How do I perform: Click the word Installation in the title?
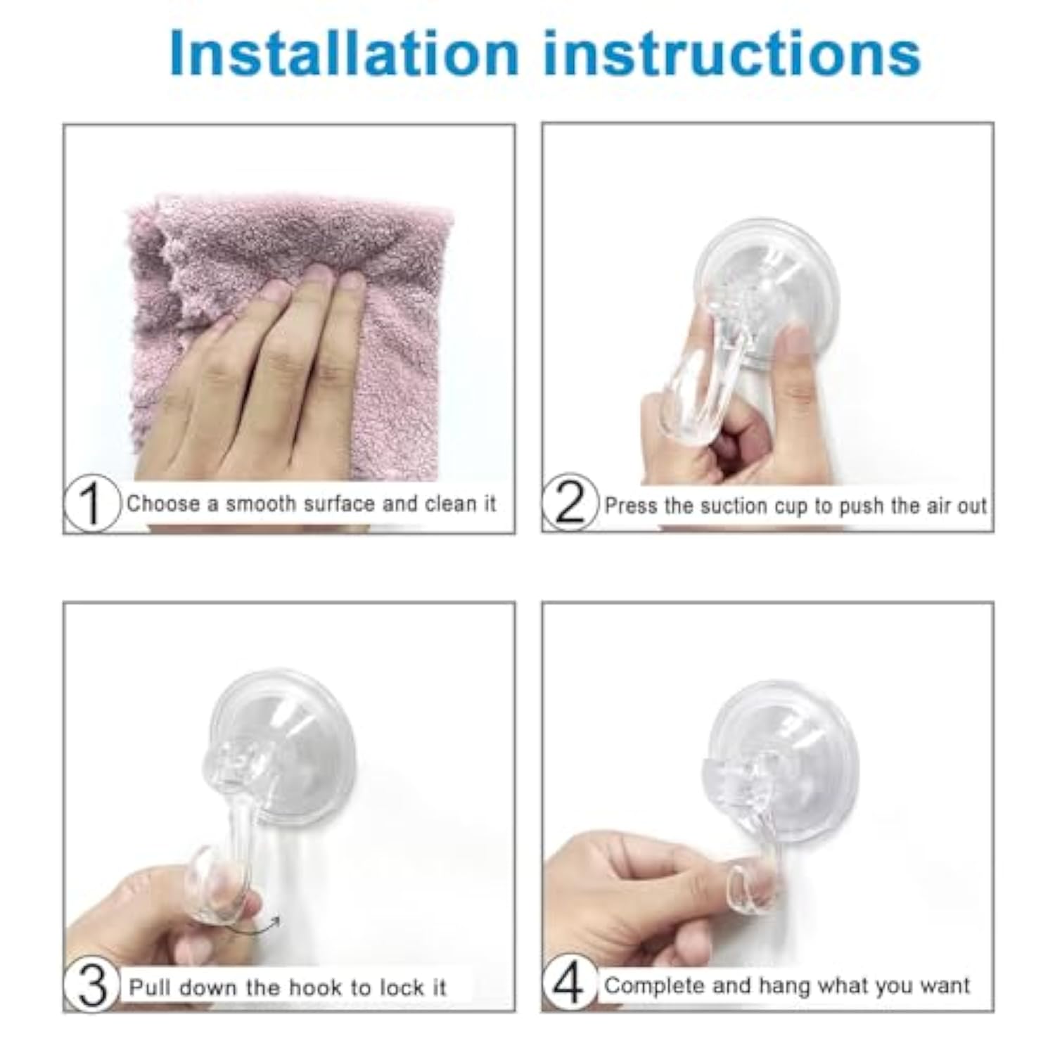tap(343, 53)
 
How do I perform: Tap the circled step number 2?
tap(570, 503)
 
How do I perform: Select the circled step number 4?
tap(569, 985)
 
